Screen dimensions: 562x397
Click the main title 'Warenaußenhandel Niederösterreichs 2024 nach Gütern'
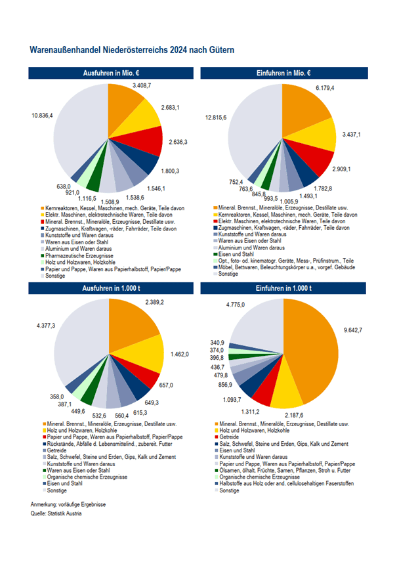(x=132, y=50)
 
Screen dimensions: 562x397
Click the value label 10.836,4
(x=42, y=116)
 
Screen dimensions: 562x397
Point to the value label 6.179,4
(x=326, y=87)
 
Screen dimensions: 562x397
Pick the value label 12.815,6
(x=215, y=118)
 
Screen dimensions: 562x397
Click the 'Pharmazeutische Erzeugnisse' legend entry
(x=77, y=254)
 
